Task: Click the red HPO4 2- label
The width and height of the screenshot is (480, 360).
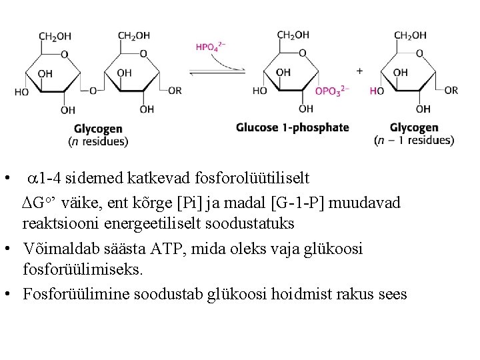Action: [x=211, y=47]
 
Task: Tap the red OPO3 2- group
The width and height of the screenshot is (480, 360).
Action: [x=331, y=91]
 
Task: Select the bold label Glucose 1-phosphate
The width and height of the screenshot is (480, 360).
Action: [x=292, y=127]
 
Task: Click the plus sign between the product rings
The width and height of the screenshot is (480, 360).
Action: [x=360, y=70]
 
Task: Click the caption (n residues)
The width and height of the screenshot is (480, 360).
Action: [x=98, y=141]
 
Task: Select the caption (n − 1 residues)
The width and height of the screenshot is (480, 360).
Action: [x=414, y=140]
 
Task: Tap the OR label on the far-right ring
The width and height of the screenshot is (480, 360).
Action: [x=451, y=90]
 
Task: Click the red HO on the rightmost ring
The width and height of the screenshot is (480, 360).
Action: [x=377, y=91]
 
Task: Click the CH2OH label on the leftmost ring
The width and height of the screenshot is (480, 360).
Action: [x=55, y=36]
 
